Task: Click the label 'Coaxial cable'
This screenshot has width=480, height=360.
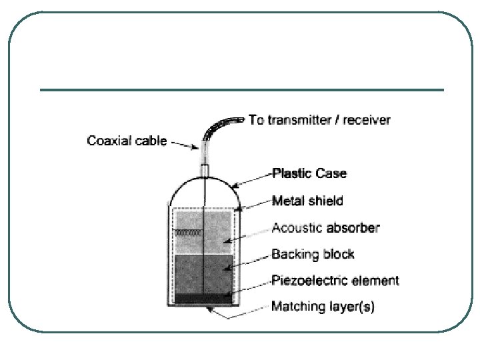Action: pyautogui.click(x=127, y=141)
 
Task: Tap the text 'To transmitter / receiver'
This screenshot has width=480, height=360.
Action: pyautogui.click(x=319, y=121)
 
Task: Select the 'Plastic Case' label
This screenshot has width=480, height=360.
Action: pyautogui.click(x=309, y=173)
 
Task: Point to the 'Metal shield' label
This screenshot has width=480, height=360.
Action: pyautogui.click(x=307, y=200)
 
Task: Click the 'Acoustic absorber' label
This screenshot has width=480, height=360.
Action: pyautogui.click(x=325, y=228)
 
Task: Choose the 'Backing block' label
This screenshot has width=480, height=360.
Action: pyautogui.click(x=313, y=254)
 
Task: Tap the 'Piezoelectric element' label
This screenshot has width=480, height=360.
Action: pyautogui.click(x=335, y=281)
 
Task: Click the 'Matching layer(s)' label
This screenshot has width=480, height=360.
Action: pyautogui.click(x=323, y=307)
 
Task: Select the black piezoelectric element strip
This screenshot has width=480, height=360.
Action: pyautogui.click(x=203, y=298)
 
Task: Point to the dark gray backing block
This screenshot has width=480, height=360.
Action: pyautogui.click(x=203, y=273)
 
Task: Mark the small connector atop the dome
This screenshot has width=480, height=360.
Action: pyautogui.click(x=205, y=171)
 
